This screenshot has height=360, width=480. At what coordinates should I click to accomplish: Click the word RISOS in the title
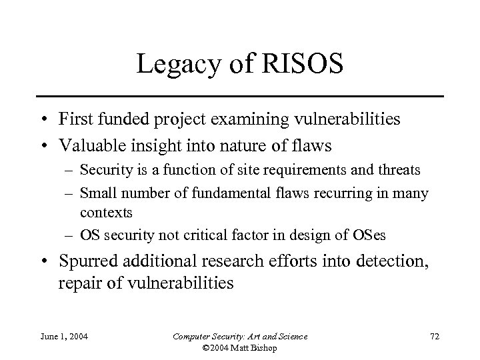pos(306,65)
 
